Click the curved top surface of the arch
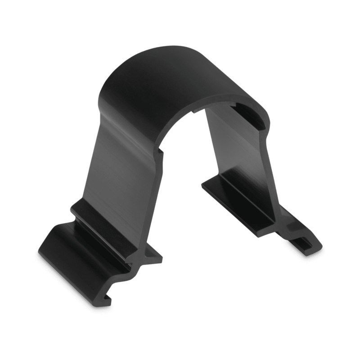(162, 76)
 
